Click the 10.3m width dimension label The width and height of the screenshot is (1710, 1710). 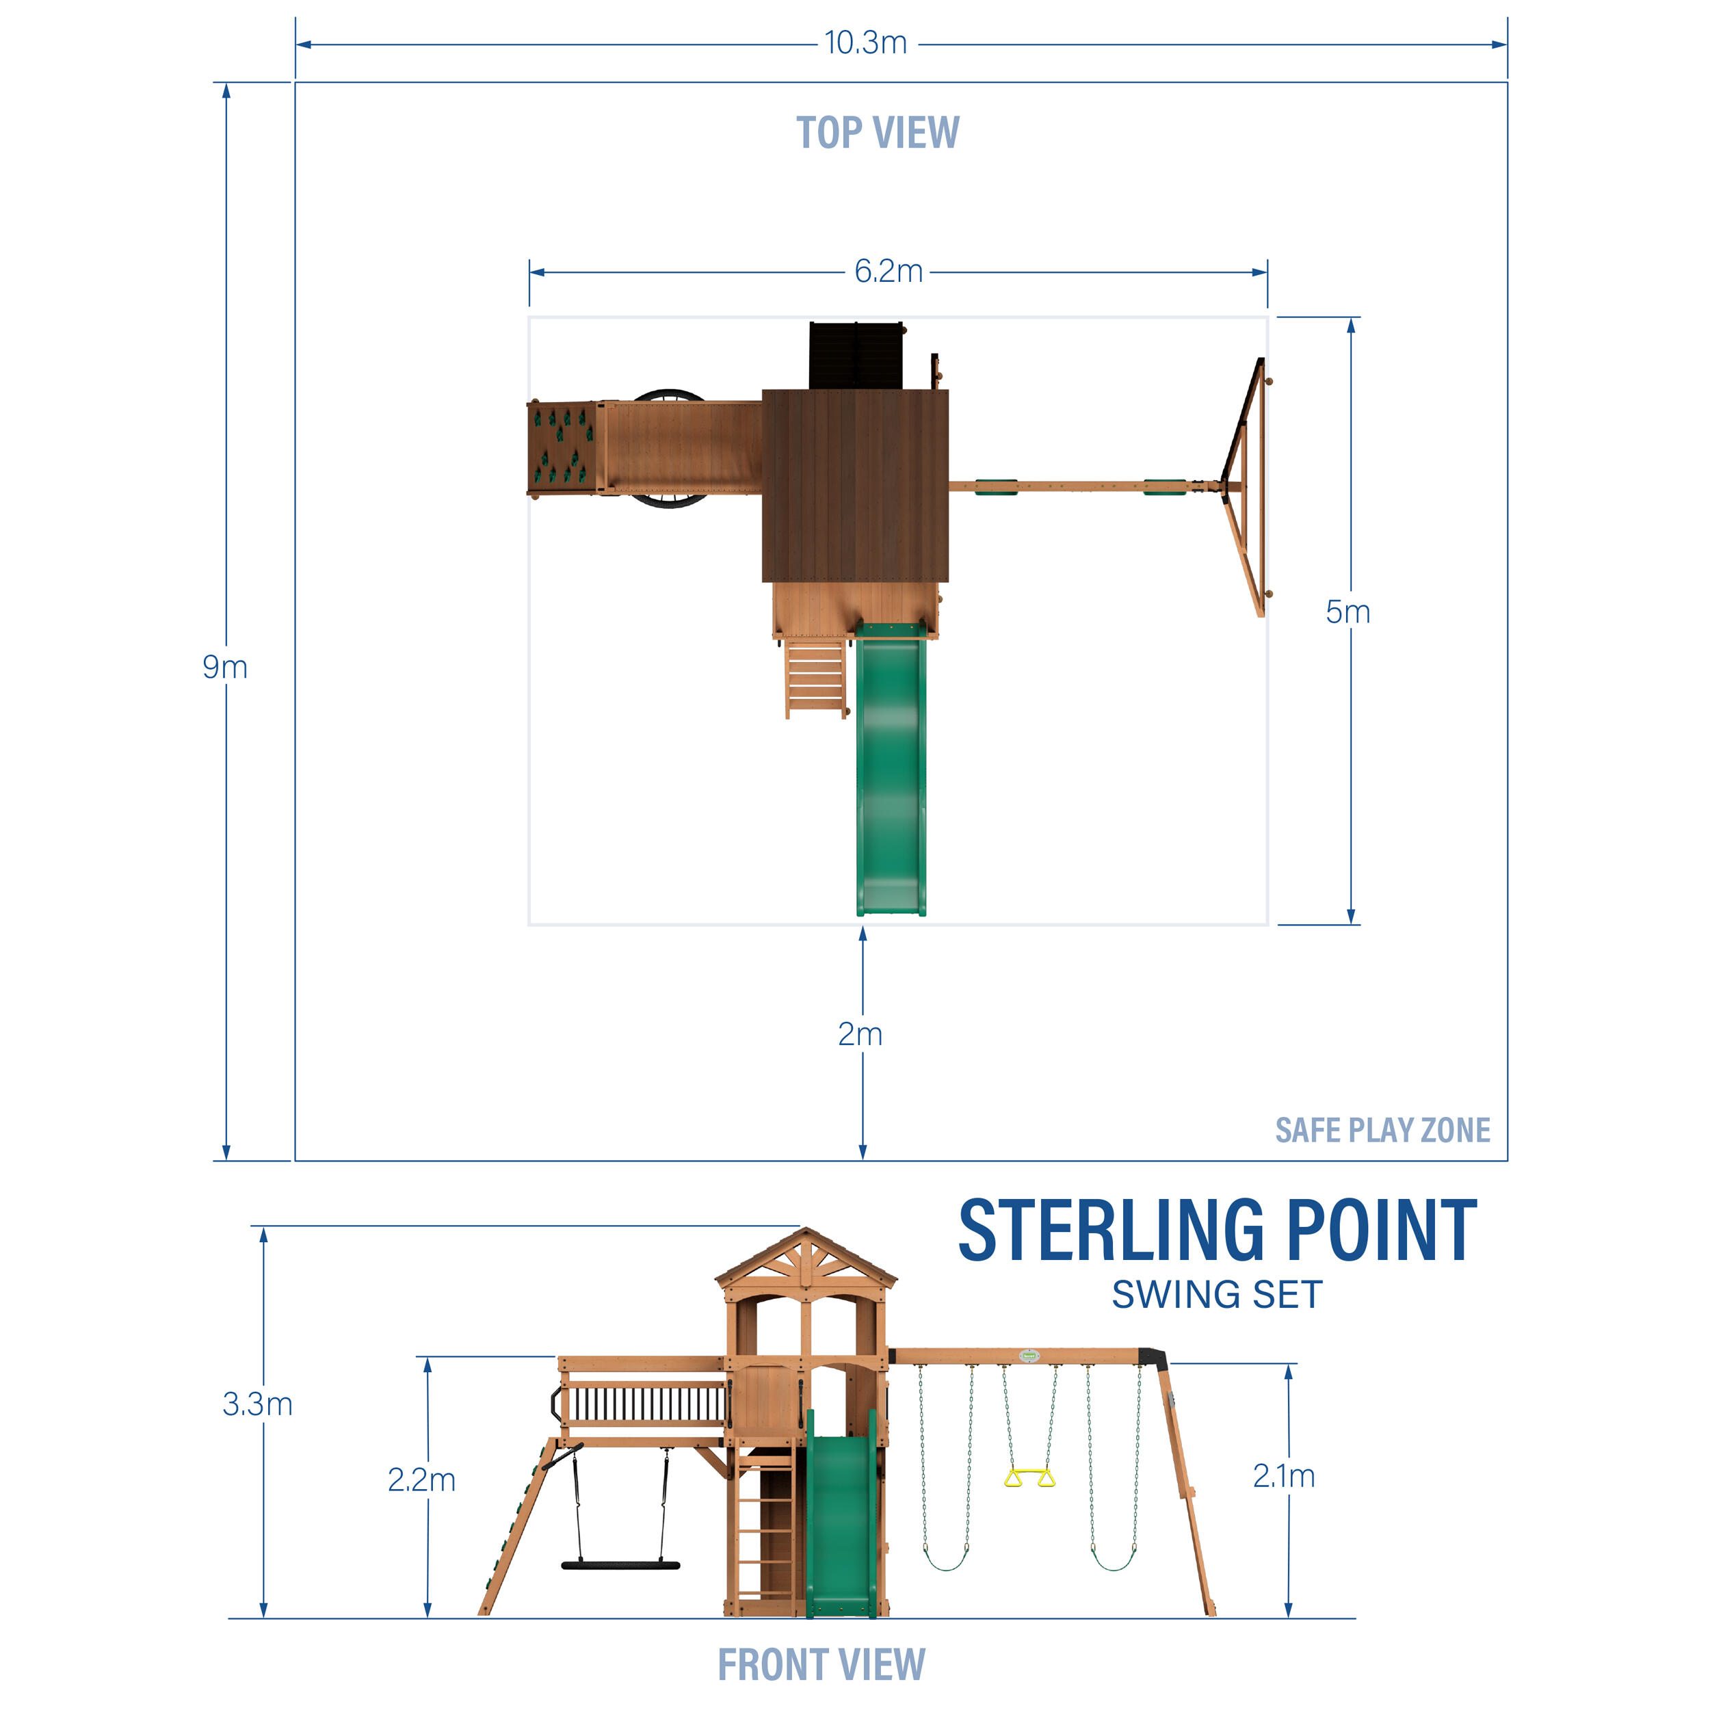tap(866, 42)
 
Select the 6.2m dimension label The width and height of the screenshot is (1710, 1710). tap(888, 271)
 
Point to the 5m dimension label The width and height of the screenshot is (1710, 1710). tap(1347, 611)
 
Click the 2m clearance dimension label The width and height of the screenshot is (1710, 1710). tap(859, 1034)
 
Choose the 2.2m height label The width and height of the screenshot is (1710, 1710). tap(421, 1480)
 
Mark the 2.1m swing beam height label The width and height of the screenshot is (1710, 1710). tap(1283, 1475)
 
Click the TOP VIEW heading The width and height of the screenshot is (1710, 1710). tap(877, 133)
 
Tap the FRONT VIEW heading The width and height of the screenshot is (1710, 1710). tap(821, 1665)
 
